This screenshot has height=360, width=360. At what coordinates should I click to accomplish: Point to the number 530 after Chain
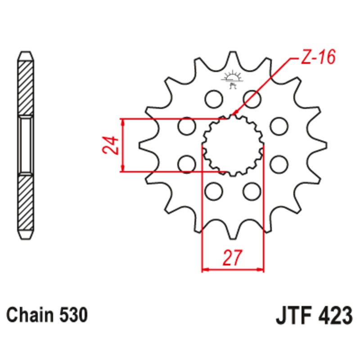pyautogui.click(x=72, y=315)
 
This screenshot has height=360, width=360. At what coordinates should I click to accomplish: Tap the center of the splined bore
pyautogui.click(x=232, y=145)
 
